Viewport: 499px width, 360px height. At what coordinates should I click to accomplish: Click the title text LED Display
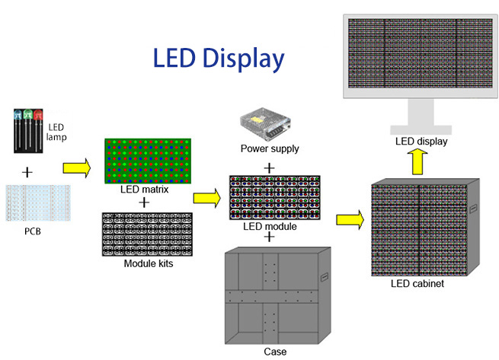tap(219, 59)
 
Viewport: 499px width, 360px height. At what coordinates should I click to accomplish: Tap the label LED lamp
tap(58, 132)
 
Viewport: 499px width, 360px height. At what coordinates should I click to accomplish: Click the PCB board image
tap(37, 202)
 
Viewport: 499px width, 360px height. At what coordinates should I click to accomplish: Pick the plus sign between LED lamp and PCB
tap(27, 172)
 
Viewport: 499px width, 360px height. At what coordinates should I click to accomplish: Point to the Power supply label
tap(270, 149)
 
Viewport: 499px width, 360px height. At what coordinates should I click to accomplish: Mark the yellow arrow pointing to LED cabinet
tap(349, 219)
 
